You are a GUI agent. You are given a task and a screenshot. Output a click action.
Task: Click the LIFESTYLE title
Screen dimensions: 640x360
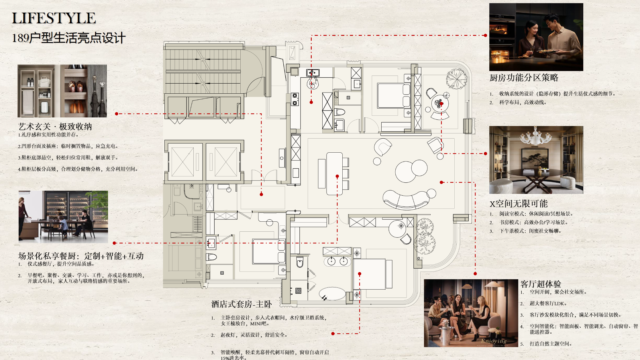click(54, 18)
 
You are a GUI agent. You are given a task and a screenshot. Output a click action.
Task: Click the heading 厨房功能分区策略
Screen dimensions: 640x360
click(524, 78)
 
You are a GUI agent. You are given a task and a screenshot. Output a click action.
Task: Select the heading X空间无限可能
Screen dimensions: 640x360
click(519, 204)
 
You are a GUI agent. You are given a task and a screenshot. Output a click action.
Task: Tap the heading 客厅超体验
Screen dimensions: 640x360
click(541, 284)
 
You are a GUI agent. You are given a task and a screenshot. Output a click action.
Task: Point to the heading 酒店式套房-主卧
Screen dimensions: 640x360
click(242, 304)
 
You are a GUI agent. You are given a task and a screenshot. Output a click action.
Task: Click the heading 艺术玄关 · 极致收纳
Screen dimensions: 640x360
click(55, 127)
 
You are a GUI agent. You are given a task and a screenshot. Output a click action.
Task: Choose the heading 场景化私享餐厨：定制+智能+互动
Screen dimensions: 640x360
click(81, 256)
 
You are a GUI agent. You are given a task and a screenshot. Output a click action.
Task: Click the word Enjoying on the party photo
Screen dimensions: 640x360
click(494, 341)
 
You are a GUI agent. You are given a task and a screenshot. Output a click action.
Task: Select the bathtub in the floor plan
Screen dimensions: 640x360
click(332, 294)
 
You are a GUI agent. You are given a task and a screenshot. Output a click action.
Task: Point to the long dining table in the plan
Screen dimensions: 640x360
click(334, 174)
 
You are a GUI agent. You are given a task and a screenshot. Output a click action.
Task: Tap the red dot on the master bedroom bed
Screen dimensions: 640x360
click(360, 274)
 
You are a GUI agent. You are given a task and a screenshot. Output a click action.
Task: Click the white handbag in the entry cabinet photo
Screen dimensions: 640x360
click(44, 82)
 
